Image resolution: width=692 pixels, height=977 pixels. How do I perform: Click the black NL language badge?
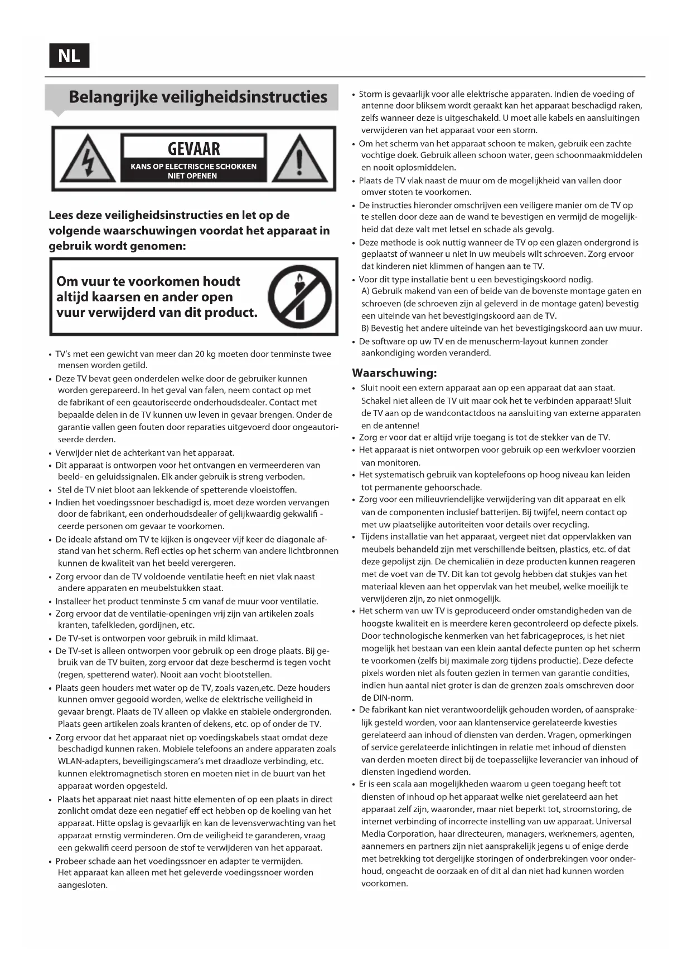[69, 56]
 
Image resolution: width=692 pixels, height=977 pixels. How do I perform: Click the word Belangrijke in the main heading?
[112, 97]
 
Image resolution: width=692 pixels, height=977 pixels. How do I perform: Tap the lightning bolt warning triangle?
[87, 159]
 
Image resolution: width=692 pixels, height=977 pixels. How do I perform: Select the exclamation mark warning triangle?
[299, 159]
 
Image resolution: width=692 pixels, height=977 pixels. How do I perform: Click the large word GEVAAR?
[193, 149]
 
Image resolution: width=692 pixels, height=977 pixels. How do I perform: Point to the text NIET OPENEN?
[192, 176]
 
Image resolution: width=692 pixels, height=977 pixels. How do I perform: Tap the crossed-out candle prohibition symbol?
[299, 296]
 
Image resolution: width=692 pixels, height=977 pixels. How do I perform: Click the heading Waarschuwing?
[394, 373]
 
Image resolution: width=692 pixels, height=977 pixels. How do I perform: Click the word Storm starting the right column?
[371, 94]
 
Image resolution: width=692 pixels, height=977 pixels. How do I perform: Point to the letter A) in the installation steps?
[365, 291]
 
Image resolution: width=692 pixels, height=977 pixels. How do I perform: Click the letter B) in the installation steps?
[365, 328]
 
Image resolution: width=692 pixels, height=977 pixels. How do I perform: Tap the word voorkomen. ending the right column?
[384, 883]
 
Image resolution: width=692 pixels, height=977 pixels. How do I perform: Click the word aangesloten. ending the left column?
[83, 885]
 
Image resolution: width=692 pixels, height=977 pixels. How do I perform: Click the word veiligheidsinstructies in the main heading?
[244, 97]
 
